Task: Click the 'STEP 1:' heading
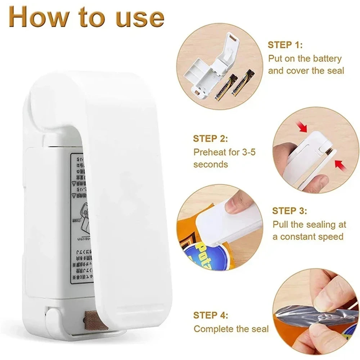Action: click(x=285, y=45)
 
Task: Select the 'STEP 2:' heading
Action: click(x=211, y=139)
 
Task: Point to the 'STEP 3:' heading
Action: click(x=289, y=211)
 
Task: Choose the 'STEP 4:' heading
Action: click(x=211, y=315)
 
